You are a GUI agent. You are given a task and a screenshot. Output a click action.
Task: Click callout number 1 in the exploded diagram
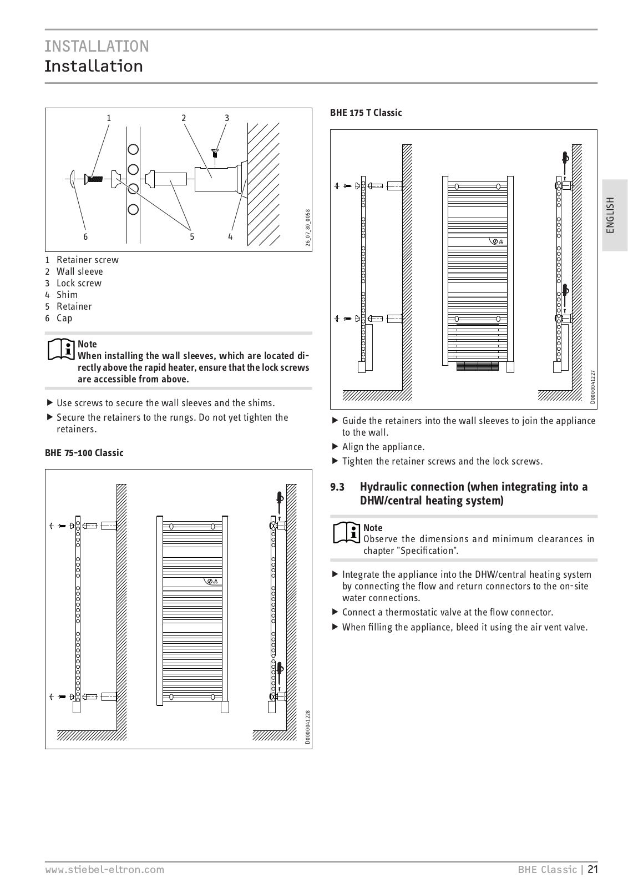click(109, 118)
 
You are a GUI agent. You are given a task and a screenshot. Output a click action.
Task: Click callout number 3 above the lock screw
click(227, 118)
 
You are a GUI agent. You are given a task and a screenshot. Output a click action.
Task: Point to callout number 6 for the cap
click(85, 237)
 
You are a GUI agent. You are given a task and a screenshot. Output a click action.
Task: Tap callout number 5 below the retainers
click(192, 237)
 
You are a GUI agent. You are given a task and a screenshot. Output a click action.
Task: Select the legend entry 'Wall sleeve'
click(79, 271)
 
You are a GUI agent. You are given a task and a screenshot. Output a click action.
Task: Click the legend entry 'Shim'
click(67, 295)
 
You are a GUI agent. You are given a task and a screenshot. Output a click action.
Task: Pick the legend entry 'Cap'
click(64, 318)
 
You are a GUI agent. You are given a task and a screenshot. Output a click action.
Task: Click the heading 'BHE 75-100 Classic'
click(84, 453)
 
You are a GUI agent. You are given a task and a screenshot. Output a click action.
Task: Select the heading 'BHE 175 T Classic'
click(366, 113)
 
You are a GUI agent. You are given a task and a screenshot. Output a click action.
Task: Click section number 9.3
click(337, 487)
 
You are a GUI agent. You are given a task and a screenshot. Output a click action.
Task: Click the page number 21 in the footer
click(593, 870)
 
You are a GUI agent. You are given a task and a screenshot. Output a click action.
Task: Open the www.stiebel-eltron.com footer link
click(104, 870)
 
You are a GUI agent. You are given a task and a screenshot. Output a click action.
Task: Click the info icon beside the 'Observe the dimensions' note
click(346, 533)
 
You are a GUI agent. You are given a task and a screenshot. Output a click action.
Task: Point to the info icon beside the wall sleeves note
click(61, 349)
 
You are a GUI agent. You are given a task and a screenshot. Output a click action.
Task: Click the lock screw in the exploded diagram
click(215, 153)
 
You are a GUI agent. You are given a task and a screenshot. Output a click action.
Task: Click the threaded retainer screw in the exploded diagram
click(94, 179)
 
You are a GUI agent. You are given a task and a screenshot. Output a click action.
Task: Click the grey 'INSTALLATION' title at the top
click(97, 46)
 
